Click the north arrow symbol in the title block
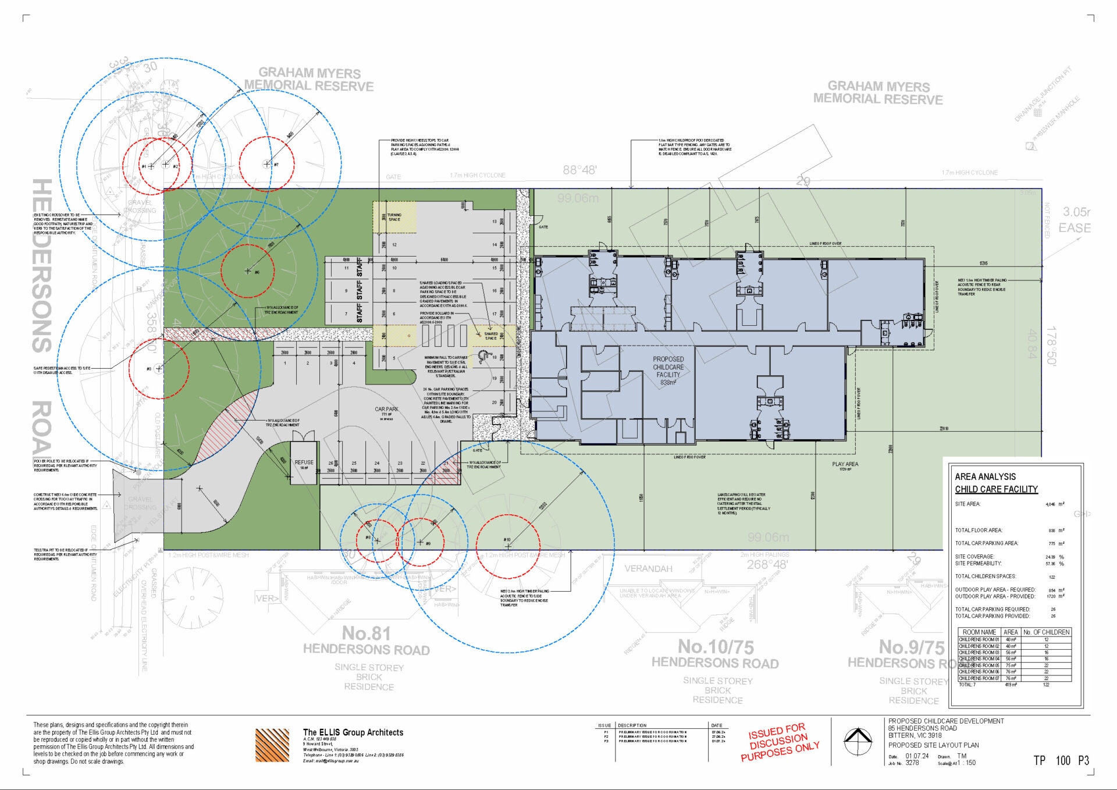tap(858, 741)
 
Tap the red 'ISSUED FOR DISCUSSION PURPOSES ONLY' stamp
tap(780, 742)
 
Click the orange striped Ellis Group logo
tap(272, 745)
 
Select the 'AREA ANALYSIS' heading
tap(985, 476)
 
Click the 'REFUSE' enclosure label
tap(304, 462)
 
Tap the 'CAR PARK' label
tap(386, 410)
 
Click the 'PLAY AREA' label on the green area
tap(845, 464)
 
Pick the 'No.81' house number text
tap(366, 633)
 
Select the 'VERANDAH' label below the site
tap(648, 568)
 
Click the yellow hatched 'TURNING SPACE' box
tap(394, 217)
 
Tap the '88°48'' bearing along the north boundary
tap(579, 170)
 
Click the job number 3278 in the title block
tap(912, 763)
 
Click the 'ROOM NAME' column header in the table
tap(979, 632)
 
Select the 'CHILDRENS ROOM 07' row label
tap(979, 678)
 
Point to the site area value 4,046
tap(1050, 504)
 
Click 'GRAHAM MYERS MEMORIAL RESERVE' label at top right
tap(878, 93)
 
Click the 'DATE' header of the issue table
tap(717, 725)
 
